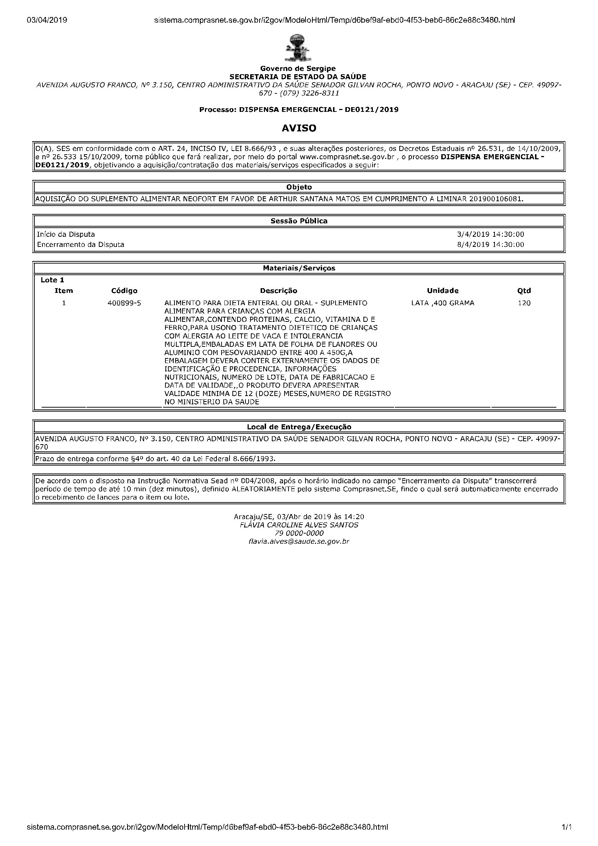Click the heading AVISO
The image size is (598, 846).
pyautogui.click(x=299, y=128)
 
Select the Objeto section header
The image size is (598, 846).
pyautogui.click(x=299, y=187)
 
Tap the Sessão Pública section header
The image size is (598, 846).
pyautogui.click(x=299, y=221)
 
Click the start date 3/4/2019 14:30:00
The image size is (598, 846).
pyautogui.click(x=490, y=234)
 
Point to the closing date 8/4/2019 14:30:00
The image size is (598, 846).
pyautogui.click(x=490, y=245)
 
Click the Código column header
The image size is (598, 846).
pyautogui.click(x=124, y=291)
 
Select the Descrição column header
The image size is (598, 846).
pyautogui.click(x=279, y=291)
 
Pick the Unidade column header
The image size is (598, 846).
pyautogui.click(x=442, y=291)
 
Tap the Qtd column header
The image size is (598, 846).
pyautogui.click(x=524, y=291)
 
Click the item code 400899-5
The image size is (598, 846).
pyautogui.click(x=124, y=303)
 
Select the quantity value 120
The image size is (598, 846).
pyautogui.click(x=524, y=303)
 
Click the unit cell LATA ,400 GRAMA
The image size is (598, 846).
pyautogui.click(x=442, y=303)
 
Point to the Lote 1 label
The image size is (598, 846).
pyautogui.click(x=52, y=280)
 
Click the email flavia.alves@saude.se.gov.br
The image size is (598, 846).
pyautogui.click(x=299, y=541)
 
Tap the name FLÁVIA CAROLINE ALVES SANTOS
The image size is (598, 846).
pyautogui.click(x=299, y=525)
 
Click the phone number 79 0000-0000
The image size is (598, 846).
pyautogui.click(x=299, y=533)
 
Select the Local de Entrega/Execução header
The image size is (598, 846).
pyautogui.click(x=299, y=427)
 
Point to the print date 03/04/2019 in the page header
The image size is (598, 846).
pyautogui.click(x=47, y=20)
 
